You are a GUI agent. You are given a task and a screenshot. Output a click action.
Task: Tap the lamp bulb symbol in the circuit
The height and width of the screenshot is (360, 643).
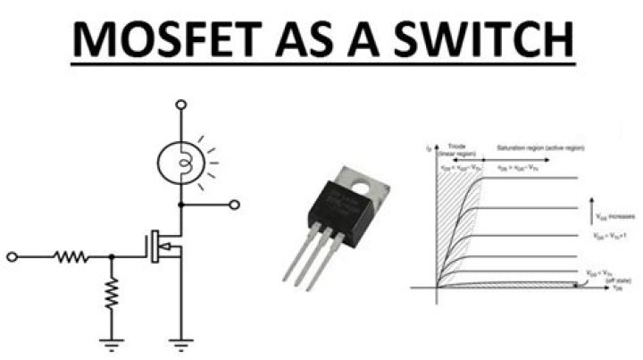(181, 162)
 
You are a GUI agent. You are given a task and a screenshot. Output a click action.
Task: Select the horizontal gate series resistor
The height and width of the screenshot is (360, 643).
(71, 257)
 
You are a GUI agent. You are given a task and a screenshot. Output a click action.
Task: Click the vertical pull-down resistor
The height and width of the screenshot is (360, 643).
(112, 292)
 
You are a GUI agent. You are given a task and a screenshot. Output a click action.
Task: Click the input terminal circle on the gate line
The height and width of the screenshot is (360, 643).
(12, 257)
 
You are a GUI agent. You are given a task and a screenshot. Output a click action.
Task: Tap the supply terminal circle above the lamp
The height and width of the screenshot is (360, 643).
(181, 105)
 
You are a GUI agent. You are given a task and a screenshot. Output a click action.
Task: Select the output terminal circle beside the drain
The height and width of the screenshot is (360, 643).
(235, 205)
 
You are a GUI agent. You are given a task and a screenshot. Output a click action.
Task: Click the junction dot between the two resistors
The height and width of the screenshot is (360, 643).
(112, 257)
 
